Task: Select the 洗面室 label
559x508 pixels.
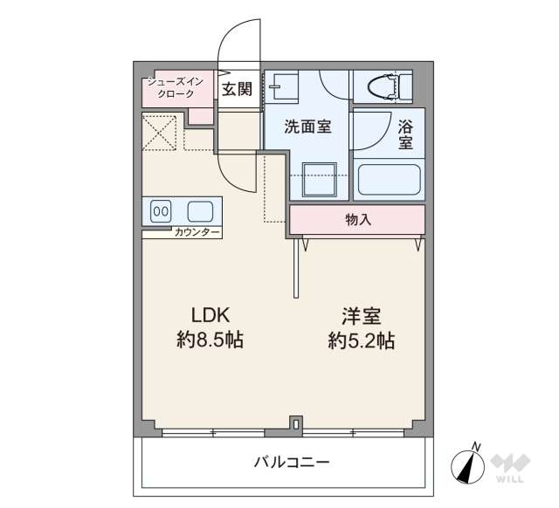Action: coord(307,127)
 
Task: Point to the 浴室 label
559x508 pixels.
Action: coord(405,134)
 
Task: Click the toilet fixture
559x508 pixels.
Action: coord(385,86)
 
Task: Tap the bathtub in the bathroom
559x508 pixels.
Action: coord(390,179)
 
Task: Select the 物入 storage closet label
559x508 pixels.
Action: coord(358,220)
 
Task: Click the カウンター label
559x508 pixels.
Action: coord(197,233)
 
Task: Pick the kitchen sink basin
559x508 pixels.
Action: coord(199,210)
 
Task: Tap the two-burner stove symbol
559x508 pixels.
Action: coord(162,210)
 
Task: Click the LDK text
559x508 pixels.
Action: coord(210,315)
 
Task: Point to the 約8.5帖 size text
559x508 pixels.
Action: coord(210,340)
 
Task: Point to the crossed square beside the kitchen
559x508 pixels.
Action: coord(161,133)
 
